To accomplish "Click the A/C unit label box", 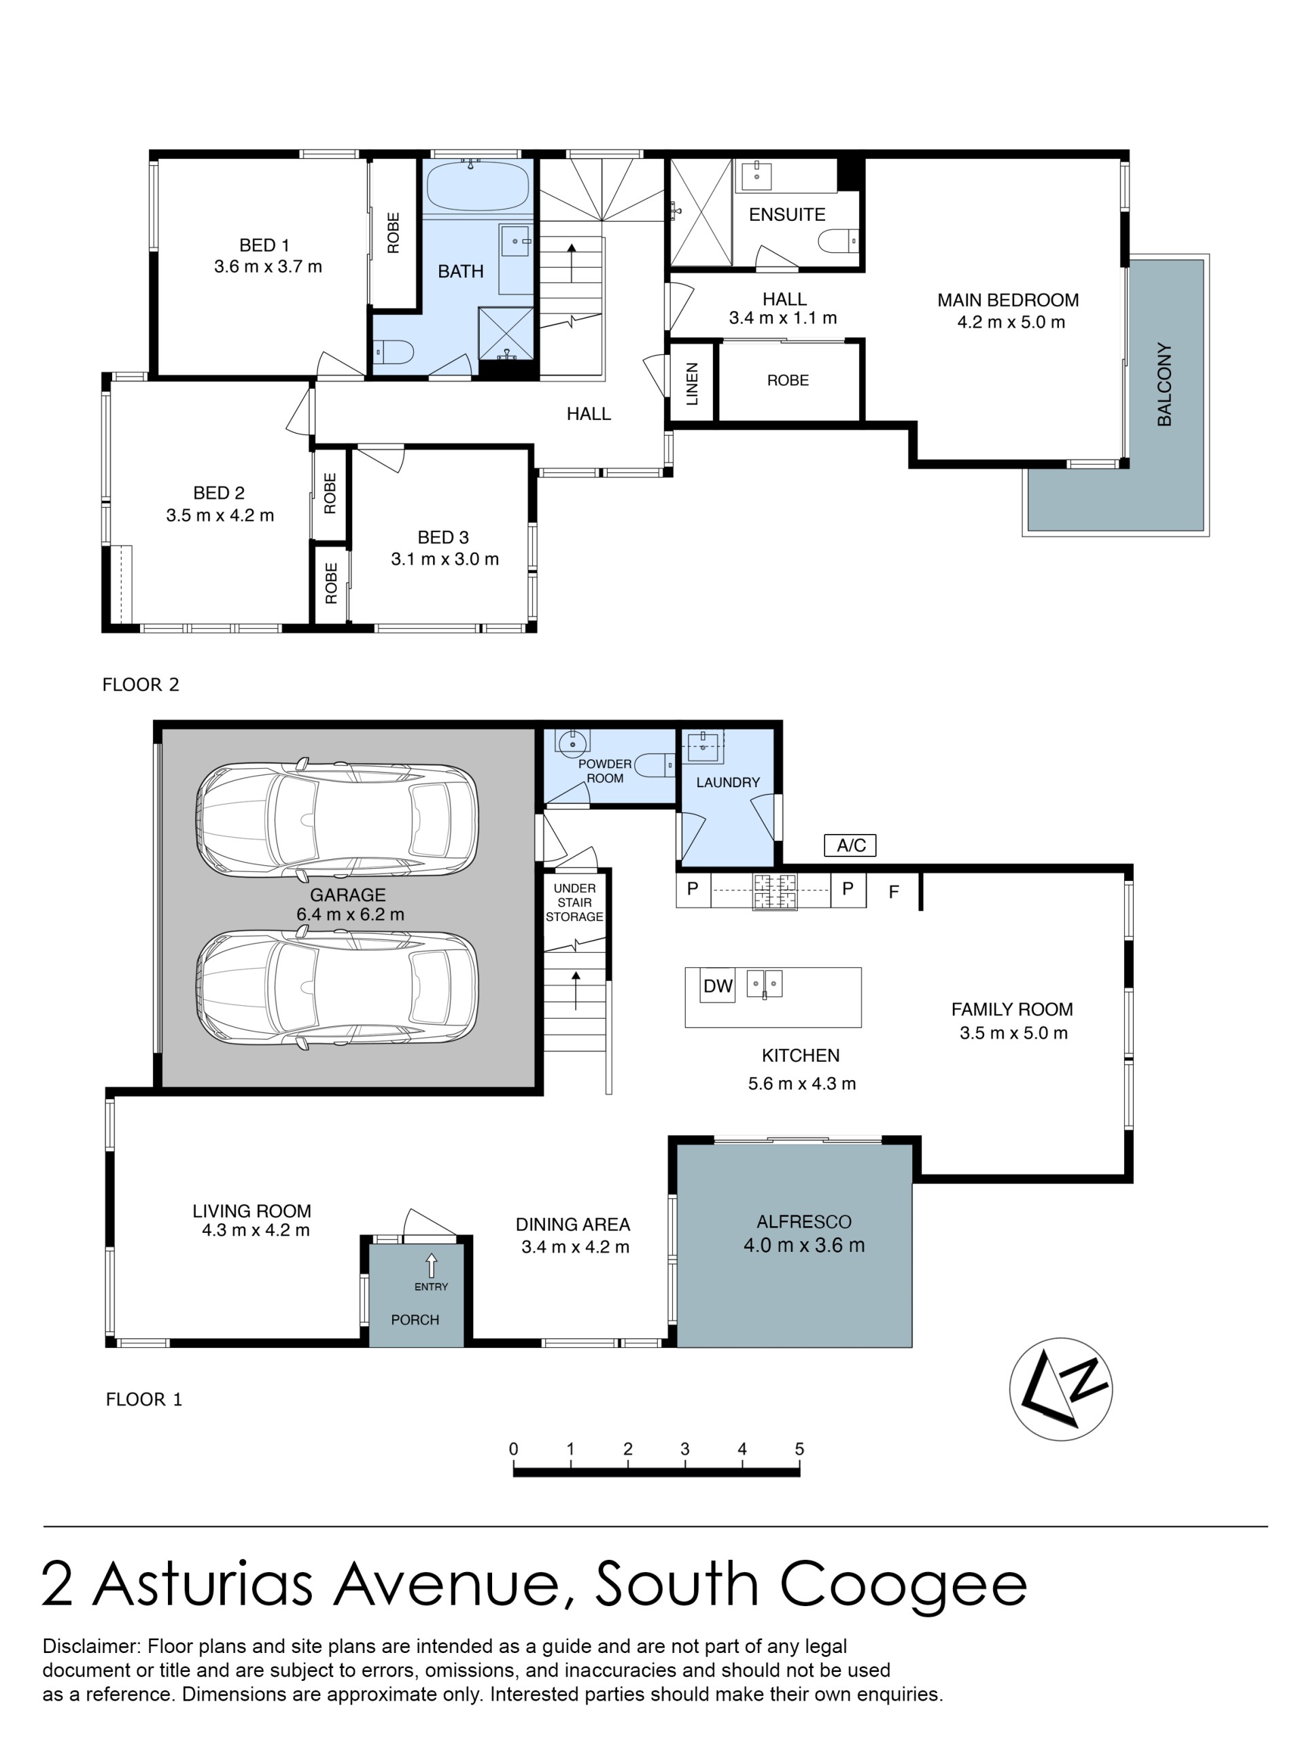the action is tap(850, 845).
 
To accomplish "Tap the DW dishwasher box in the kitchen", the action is tap(717, 986).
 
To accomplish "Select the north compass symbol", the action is tap(1060, 1389).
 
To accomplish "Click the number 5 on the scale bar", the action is tap(799, 1449).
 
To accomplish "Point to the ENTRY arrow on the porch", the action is tap(431, 1266).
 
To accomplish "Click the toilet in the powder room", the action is tap(654, 764).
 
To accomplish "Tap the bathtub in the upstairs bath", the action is tap(476, 186).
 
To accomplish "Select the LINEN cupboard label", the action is tap(692, 384).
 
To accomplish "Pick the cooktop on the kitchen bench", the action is tap(775, 891).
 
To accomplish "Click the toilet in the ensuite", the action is tap(839, 241).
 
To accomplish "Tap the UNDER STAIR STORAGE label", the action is tap(574, 902).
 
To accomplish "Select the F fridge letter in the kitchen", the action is tap(894, 892).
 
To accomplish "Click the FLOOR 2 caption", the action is tap(141, 684).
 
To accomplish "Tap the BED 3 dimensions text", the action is tap(445, 559).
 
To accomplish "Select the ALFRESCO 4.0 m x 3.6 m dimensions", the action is tap(804, 1245).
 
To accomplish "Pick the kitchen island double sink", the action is tap(765, 984).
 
